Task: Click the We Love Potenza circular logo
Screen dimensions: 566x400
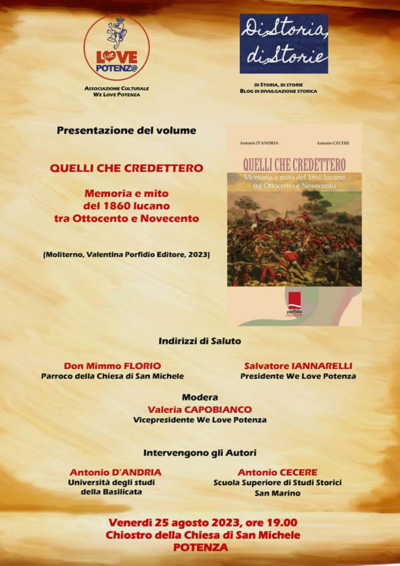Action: [117, 48]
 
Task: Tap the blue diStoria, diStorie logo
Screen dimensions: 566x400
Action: [284, 43]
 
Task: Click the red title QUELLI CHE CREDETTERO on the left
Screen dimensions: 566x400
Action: [126, 168]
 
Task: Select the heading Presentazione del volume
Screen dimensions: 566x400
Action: [127, 131]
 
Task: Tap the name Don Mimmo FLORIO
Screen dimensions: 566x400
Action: [113, 366]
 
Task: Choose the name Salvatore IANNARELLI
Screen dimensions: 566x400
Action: [298, 366]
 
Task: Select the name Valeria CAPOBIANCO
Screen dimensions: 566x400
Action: [200, 410]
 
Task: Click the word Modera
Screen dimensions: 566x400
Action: [200, 397]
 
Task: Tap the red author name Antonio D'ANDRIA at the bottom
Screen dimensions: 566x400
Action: [115, 472]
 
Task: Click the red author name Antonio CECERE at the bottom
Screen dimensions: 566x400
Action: [277, 472]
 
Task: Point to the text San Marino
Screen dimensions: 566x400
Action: [277, 494]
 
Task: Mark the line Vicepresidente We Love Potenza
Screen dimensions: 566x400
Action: [200, 420]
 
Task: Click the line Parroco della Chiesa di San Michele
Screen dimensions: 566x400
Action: [113, 376]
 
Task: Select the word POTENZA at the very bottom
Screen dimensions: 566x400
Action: [200, 547]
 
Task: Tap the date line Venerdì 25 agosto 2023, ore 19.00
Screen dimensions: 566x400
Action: [200, 523]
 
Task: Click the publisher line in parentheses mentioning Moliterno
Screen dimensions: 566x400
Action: [127, 253]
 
